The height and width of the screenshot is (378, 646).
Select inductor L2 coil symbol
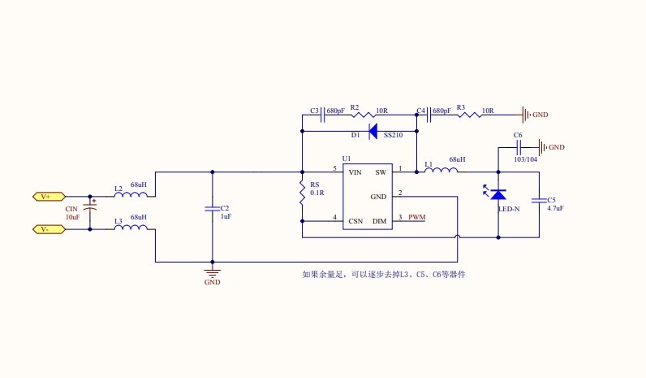[131, 195]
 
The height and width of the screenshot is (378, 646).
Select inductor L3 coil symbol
[131, 228]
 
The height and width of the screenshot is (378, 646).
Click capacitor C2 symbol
[213, 209]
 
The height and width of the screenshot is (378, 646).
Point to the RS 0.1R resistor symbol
[302, 195]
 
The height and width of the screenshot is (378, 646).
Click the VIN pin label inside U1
[355, 172]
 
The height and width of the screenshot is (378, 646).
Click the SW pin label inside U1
[381, 172]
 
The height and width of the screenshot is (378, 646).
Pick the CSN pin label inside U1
[355, 220]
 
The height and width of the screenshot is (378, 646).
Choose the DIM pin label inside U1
[379, 220]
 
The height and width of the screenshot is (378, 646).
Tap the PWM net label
[416, 218]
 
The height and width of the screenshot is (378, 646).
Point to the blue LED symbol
[497, 193]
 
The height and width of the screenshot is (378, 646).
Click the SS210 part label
[394, 135]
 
